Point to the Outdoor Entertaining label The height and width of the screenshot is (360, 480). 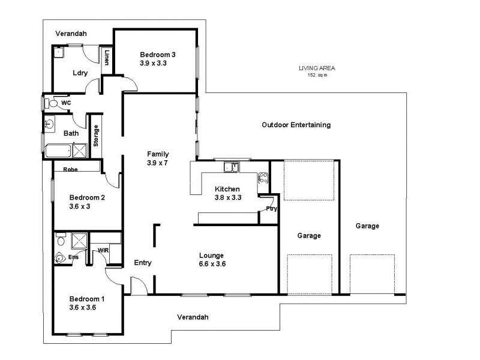(296, 125)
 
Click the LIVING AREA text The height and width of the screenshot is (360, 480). (317, 68)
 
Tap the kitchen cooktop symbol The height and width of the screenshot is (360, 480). (263, 178)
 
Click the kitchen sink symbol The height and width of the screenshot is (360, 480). (230, 166)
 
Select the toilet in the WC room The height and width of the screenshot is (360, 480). (53, 103)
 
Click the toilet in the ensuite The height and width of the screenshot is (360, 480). (60, 259)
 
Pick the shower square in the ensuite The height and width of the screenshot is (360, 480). (79, 241)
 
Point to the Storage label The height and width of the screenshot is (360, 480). (95, 136)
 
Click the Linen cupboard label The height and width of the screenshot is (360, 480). (107, 58)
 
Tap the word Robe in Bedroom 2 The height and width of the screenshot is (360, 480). (71, 169)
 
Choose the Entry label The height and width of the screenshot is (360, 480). (143, 263)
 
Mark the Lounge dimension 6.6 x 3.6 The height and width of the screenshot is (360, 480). (212, 263)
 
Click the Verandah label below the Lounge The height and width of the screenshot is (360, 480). (193, 317)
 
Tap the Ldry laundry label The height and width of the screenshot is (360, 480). (80, 73)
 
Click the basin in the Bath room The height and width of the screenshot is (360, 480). (50, 125)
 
